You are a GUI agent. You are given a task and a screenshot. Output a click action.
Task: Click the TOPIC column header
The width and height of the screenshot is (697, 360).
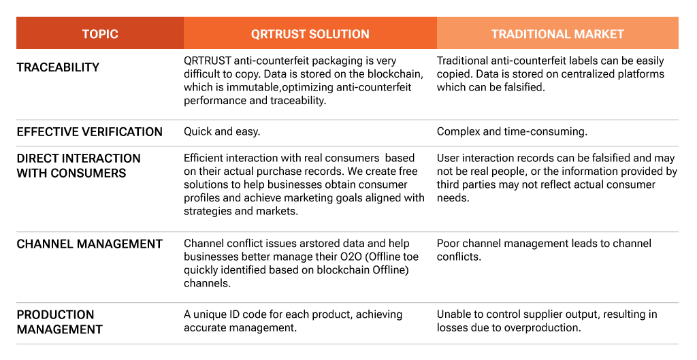(100, 34)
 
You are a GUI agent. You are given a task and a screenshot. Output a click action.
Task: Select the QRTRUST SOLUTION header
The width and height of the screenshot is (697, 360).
(310, 34)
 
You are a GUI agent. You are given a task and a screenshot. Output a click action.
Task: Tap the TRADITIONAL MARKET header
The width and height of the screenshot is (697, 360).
(557, 34)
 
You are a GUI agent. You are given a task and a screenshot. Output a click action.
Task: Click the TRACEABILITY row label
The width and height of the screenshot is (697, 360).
(58, 67)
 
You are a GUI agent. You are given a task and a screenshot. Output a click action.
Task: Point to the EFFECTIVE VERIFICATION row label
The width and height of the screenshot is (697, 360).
(89, 132)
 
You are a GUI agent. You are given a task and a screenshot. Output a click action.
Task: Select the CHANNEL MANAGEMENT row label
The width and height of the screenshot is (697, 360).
(89, 244)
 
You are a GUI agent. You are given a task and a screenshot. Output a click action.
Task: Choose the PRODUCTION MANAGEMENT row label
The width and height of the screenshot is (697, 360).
(60, 322)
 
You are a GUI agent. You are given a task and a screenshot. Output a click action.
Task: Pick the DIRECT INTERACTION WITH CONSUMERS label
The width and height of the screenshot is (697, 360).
(79, 165)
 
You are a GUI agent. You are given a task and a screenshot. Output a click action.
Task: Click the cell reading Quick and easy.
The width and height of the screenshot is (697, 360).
(222, 131)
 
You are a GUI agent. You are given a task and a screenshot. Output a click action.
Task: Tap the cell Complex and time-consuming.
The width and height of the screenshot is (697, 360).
(512, 131)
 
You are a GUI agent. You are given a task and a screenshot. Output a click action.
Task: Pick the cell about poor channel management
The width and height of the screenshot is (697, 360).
(544, 250)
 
